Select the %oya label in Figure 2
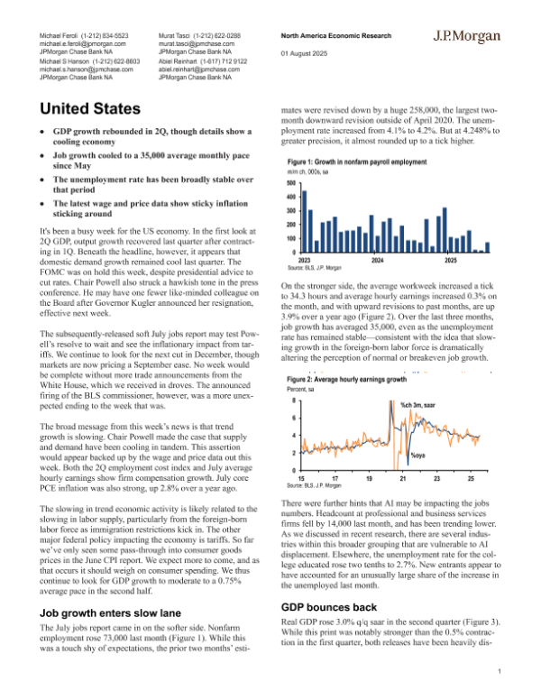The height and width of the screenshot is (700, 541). coord(417,455)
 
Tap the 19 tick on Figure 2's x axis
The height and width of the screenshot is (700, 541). coord(369,477)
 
